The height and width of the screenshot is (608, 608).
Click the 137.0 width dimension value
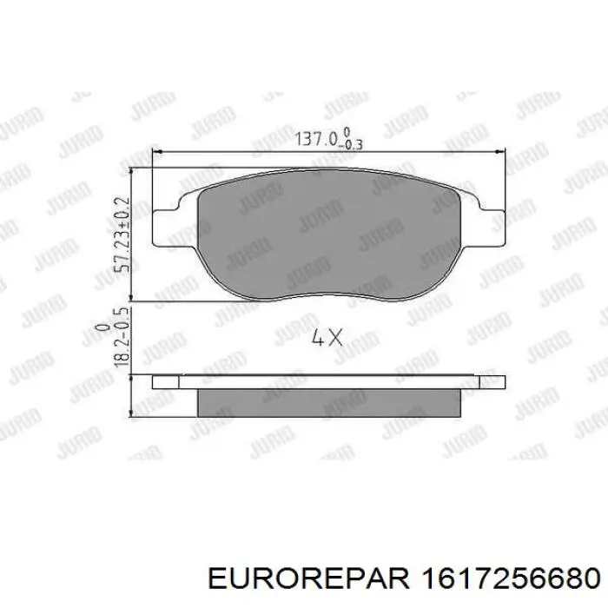[x=319, y=138]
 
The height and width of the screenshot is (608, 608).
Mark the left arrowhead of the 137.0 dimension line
[x=157, y=153]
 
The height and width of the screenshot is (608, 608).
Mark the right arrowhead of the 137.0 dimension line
[x=501, y=153]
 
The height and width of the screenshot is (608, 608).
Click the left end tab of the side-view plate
[x=165, y=381]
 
